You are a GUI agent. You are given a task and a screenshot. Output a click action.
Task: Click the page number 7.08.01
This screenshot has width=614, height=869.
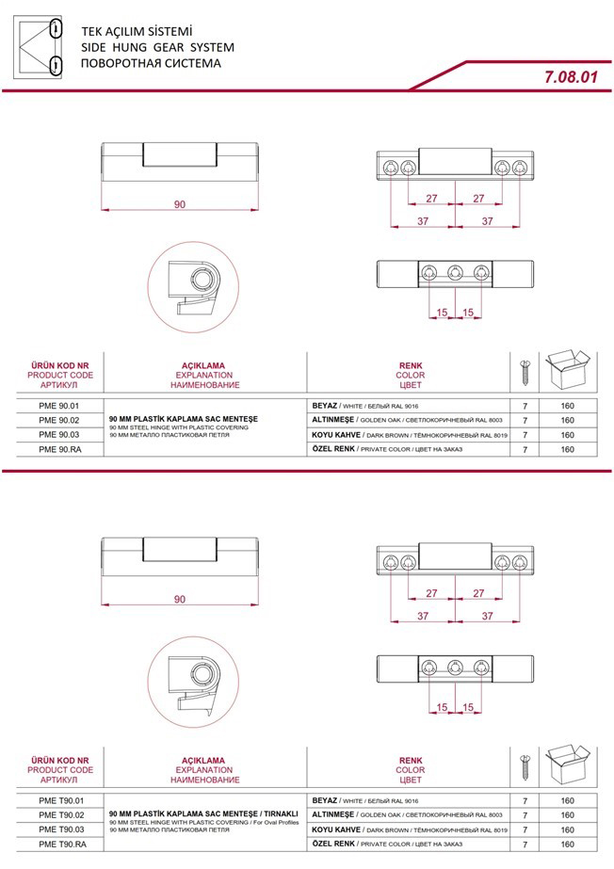[x=572, y=76]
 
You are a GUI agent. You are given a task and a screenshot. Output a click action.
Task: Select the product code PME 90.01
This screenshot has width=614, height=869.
[x=59, y=406]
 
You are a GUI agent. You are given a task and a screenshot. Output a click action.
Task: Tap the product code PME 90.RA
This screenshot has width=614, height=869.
[x=60, y=449]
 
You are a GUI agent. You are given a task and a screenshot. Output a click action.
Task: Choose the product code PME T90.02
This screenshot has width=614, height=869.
[x=61, y=815]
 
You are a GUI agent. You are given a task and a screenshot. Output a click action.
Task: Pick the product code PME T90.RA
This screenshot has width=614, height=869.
[x=62, y=845]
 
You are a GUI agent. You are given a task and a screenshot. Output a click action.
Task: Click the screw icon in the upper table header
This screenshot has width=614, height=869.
[x=525, y=374]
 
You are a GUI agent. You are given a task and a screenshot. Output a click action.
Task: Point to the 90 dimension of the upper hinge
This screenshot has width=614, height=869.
[x=180, y=204]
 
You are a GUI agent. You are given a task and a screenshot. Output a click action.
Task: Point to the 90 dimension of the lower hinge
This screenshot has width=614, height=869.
[x=180, y=599]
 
